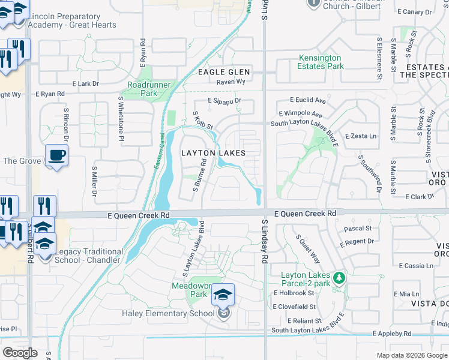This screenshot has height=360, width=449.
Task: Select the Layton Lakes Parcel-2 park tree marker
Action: pyautogui.click(x=339, y=278)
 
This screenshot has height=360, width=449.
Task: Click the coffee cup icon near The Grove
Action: pyautogui.click(x=57, y=156)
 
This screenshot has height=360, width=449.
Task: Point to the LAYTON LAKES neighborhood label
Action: pyautogui.click(x=213, y=153)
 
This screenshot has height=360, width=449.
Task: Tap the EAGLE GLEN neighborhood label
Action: pyautogui.click(x=224, y=72)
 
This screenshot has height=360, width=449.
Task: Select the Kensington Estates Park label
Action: pyautogui.click(x=321, y=62)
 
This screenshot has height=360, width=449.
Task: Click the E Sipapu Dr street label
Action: pyautogui.click(x=224, y=101)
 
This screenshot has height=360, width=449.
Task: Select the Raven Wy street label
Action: pyautogui.click(x=231, y=81)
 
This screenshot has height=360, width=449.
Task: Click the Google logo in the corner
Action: pyautogui.click(x=20, y=353)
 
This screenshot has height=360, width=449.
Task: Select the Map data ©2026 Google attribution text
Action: pyautogui.click(x=412, y=355)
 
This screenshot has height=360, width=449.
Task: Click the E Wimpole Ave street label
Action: pyautogui.click(x=301, y=114)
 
